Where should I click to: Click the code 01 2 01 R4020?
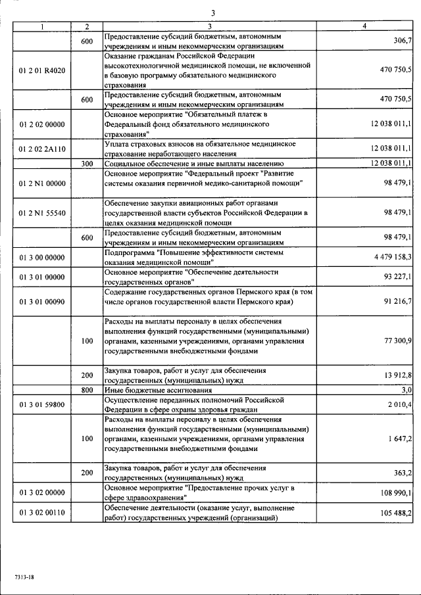coord(42,70)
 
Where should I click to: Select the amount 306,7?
coord(400,41)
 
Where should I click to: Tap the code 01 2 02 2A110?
coord(42,149)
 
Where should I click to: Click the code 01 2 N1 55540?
coord(42,213)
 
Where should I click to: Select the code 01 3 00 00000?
coord(42,256)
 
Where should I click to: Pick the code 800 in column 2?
coord(87,390)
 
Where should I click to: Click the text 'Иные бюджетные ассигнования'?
coord(151,390)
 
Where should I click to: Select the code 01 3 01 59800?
coord(42,404)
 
